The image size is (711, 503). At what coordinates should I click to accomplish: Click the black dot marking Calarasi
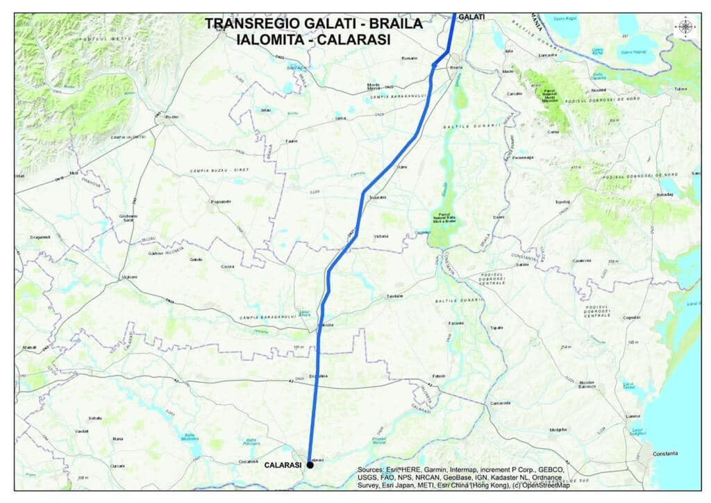coord(310,465)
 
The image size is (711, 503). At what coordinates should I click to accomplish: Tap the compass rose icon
coord(685,27)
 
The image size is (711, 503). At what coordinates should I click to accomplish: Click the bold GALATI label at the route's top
coord(471,16)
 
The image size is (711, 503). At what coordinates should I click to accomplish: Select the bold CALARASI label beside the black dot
coord(283,465)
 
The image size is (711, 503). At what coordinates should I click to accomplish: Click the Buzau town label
coord(171,117)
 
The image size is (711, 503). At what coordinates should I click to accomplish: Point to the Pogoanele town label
coord(219,203)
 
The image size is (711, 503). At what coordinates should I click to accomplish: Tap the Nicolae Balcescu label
coord(587,384)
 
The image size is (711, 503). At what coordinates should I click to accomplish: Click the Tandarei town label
coord(394,297)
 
